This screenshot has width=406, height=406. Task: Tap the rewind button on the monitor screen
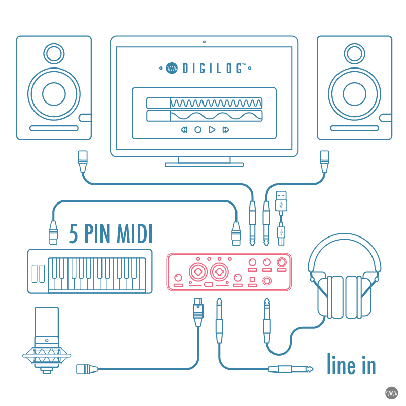tap(184, 130)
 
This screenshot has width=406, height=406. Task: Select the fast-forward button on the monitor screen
tap(226, 130)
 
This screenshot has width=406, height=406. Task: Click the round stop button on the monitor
tap(198, 130)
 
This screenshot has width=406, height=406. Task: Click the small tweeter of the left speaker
tap(54, 53)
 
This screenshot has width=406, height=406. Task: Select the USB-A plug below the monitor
tap(281, 201)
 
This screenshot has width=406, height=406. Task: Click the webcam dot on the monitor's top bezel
tap(204, 41)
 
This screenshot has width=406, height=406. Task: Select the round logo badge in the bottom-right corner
tap(392, 392)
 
